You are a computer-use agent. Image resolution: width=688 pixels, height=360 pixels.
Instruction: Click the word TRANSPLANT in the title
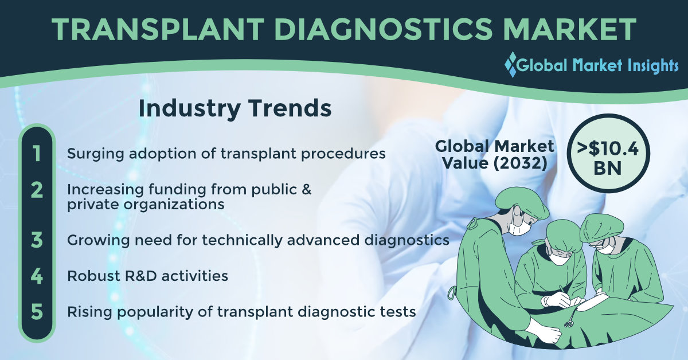(158, 29)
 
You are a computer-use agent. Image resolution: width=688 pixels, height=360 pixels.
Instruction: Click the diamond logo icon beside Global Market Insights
(511, 65)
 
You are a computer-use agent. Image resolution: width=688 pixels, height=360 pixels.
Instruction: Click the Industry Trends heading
(235, 108)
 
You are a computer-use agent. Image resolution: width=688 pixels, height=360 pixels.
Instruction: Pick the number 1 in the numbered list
(37, 154)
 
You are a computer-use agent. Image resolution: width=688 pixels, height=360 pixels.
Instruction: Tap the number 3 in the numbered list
(37, 240)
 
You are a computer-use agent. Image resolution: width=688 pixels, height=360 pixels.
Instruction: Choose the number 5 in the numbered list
(37, 312)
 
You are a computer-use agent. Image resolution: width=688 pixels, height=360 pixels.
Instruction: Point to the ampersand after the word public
(306, 189)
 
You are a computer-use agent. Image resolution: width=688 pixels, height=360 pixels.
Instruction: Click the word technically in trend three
(242, 241)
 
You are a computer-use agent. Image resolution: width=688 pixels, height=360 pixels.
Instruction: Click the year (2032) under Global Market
(519, 163)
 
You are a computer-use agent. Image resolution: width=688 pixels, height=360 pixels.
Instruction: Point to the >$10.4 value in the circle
(608, 148)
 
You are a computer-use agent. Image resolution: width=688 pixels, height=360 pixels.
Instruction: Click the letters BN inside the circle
(608, 169)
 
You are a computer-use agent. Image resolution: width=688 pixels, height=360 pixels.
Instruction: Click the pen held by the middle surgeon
(565, 292)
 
